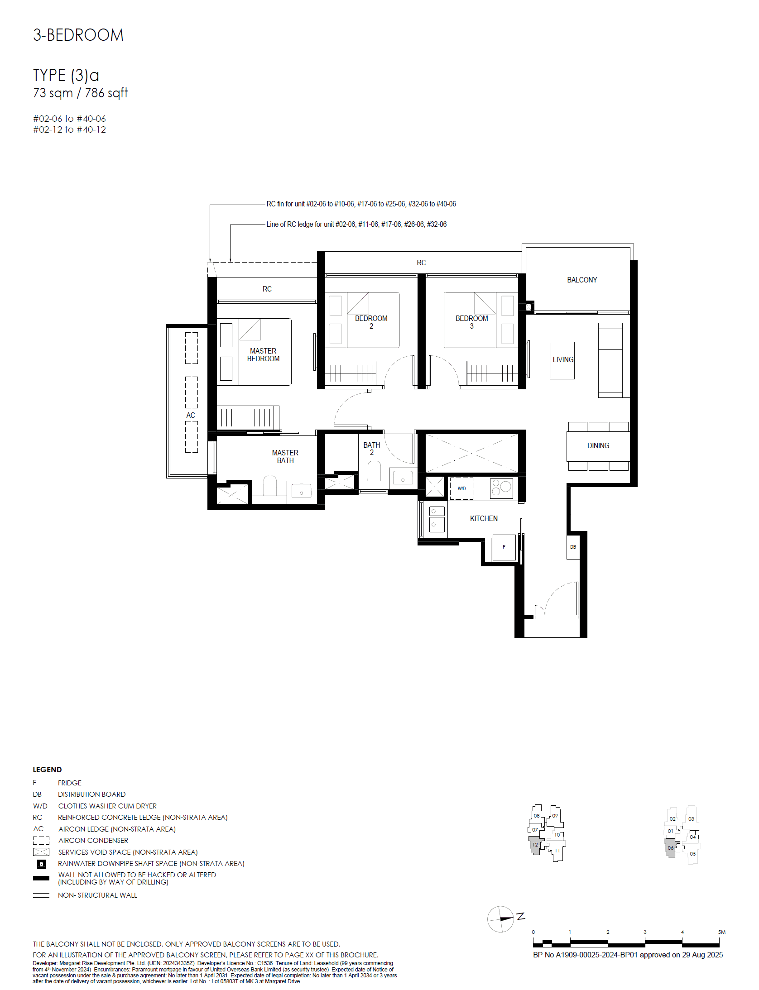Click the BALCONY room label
click(582, 280)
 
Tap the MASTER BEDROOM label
click(263, 355)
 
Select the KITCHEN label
click(484, 519)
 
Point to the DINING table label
click(598, 446)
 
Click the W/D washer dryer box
click(461, 489)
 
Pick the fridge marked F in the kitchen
click(504, 547)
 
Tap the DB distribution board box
click(573, 547)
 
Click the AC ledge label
click(191, 416)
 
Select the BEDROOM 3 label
click(472, 322)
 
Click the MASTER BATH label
click(285, 457)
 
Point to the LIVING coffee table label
click(563, 360)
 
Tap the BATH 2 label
click(372, 449)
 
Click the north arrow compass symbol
click(501, 919)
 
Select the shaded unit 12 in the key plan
click(535, 846)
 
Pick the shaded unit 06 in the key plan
click(671, 848)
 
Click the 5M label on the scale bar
click(721, 932)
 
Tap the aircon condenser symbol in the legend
click(41, 841)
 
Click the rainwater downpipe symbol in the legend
click(41, 864)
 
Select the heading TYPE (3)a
click(66, 75)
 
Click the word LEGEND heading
click(47, 770)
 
